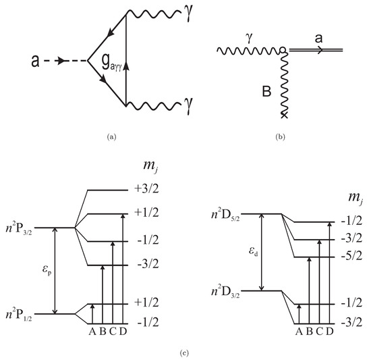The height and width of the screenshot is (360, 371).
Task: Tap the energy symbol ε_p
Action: pos(45,274)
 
